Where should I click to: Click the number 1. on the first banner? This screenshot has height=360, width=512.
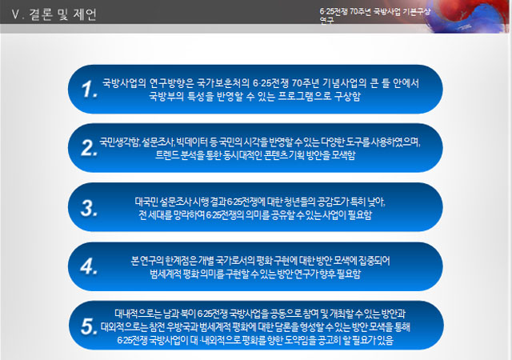(x=90, y=90)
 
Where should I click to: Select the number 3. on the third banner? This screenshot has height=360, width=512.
(x=90, y=209)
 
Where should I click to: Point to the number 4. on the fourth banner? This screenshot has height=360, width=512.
(x=90, y=266)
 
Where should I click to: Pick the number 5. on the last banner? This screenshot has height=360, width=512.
(x=90, y=326)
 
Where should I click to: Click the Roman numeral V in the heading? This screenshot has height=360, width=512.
(x=14, y=14)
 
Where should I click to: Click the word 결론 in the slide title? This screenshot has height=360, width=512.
(x=37, y=14)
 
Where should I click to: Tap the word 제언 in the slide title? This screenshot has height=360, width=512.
(x=84, y=14)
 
